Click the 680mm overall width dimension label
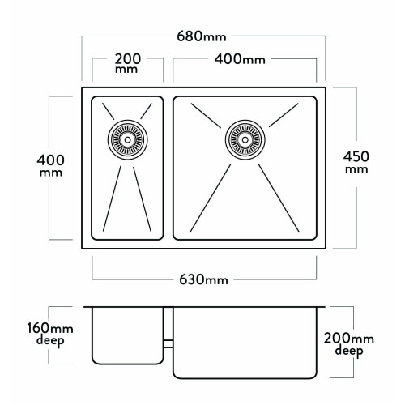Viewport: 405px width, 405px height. click(x=202, y=36)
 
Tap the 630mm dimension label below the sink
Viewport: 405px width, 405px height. click(x=203, y=279)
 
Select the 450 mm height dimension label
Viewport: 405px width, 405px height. click(x=356, y=162)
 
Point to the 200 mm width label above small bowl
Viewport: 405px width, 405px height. click(x=127, y=63)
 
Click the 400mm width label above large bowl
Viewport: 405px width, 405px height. click(x=240, y=59)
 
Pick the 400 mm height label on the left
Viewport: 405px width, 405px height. click(x=51, y=165)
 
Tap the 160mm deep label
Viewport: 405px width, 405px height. click(x=50, y=335)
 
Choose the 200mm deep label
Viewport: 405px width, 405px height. click(x=349, y=345)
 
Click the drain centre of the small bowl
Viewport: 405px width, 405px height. click(x=127, y=140)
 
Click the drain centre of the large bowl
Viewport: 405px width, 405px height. click(x=245, y=140)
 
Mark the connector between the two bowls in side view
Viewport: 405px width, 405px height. click(x=168, y=344)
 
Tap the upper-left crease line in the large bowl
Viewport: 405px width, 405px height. click(x=206, y=116)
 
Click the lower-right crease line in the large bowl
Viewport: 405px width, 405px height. click(x=279, y=198)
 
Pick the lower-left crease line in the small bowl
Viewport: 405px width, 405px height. click(x=112, y=198)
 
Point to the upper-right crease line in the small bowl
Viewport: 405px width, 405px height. click(x=146, y=111)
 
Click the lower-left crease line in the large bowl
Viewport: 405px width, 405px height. click(x=210, y=198)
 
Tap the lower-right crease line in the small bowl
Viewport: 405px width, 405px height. click(x=142, y=199)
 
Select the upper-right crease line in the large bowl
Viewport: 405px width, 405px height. click(x=283, y=115)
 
